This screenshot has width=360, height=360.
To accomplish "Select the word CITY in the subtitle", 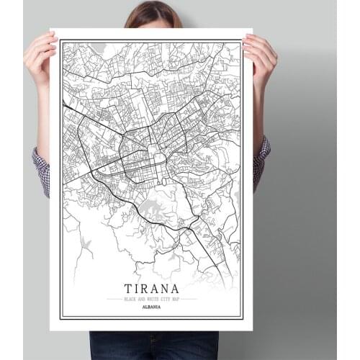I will click(161, 299).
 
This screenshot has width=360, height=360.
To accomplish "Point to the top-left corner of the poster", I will click(53, 31).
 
